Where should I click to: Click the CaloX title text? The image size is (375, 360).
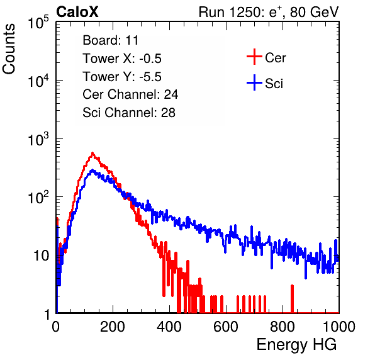(77, 12)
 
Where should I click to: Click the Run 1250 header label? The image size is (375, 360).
(269, 12)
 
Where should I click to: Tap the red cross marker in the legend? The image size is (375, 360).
(254, 57)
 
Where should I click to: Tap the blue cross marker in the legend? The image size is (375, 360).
(254, 82)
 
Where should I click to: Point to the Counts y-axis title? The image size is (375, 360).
(9, 48)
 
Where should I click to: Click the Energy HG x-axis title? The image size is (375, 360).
(296, 345)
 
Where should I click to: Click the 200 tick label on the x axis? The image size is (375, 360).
(112, 327)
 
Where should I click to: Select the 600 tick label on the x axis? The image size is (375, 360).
(226, 327)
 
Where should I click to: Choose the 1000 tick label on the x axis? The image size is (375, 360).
(339, 327)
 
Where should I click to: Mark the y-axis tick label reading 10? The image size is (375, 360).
(41, 256)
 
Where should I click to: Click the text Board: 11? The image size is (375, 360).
(111, 40)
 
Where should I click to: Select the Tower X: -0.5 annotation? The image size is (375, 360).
(122, 59)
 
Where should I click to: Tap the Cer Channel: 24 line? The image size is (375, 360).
(130, 94)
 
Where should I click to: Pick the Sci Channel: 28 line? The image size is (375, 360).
(129, 113)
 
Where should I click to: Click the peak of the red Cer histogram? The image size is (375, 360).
(92, 153)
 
